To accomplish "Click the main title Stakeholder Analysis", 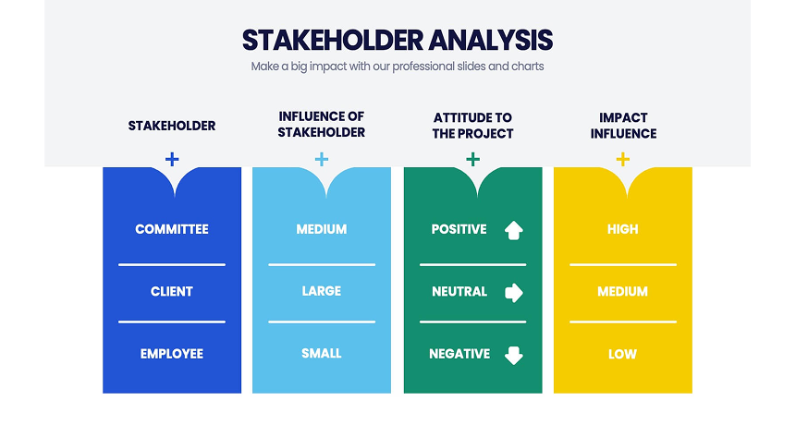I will (398, 40).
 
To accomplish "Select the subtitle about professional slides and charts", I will (398, 67).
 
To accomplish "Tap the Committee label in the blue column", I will (172, 229).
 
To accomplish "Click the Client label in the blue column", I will (172, 291).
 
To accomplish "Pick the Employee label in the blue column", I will (172, 354).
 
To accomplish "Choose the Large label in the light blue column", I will (322, 291).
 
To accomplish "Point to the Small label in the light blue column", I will (322, 354).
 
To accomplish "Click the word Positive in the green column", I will (459, 229).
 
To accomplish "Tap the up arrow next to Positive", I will (514, 230).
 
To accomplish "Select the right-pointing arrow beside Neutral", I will (514, 293).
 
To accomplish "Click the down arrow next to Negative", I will (514, 355).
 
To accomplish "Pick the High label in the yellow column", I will (622, 229).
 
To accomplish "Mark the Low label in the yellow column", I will (622, 354).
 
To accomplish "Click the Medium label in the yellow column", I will (622, 291).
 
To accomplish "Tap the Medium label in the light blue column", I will (322, 229).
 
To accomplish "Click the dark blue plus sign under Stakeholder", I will (172, 159).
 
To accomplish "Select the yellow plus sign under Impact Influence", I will (622, 159).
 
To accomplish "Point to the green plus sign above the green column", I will (472, 159).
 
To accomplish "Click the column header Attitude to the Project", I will (472, 126).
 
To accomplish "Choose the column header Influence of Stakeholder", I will (322, 125).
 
